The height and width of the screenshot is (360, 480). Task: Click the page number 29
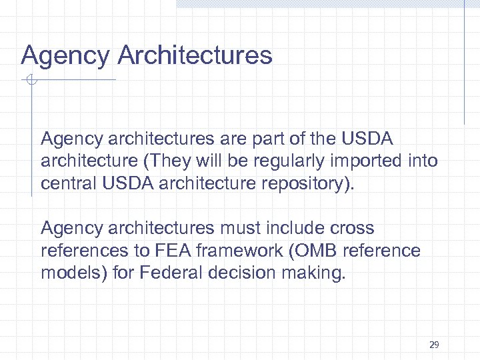coord(434,345)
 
